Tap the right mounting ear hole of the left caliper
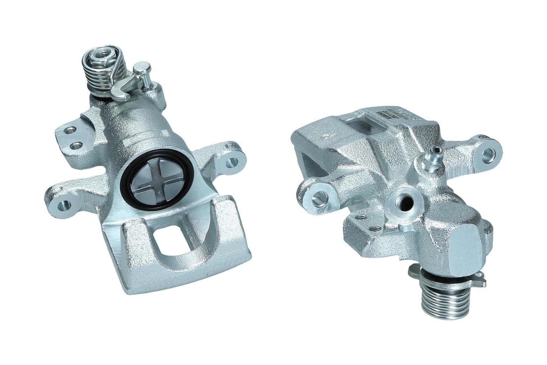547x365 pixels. click(232, 164)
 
